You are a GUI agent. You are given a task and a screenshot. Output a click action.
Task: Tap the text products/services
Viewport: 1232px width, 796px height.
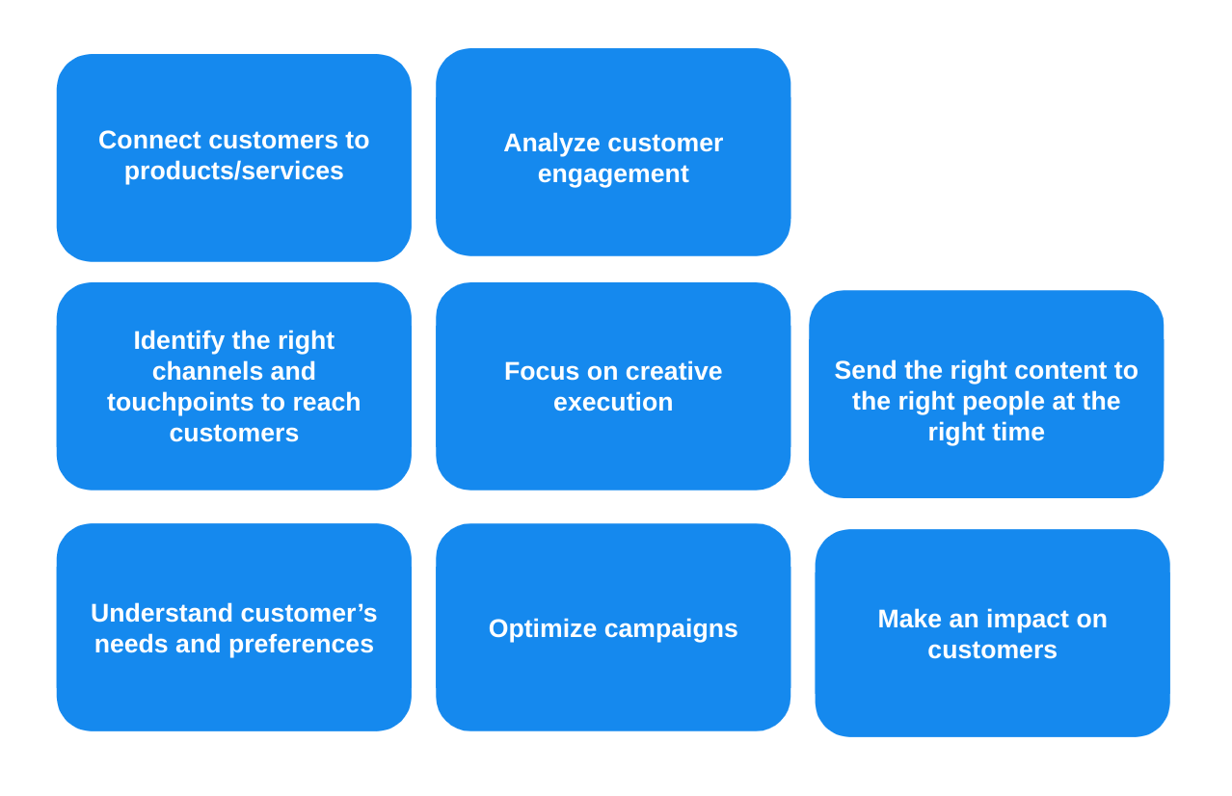tap(233, 171)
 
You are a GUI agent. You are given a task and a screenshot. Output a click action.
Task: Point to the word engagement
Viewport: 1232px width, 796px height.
tap(613, 174)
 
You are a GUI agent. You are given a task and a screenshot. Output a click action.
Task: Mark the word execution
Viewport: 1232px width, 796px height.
tap(613, 402)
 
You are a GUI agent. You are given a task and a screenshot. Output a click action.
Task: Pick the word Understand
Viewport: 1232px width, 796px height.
tap(162, 613)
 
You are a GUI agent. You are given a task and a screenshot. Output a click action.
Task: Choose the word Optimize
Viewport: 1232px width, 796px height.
tap(542, 628)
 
